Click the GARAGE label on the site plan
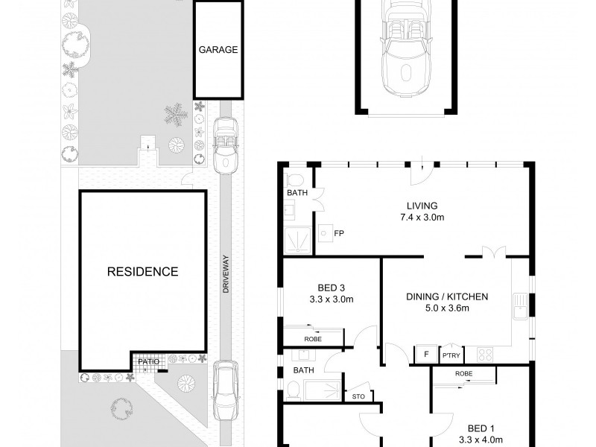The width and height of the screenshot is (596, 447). point(218,50)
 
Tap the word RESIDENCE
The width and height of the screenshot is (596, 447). point(142,272)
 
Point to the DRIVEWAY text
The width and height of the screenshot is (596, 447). point(226,274)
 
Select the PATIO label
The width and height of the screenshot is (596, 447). point(148,361)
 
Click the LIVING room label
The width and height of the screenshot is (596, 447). point(422,206)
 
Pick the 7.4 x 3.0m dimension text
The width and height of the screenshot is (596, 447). point(422,218)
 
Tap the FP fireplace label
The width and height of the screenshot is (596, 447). point(339,233)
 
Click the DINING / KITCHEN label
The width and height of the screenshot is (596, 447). point(447,297)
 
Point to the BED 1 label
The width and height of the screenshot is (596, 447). point(481,429)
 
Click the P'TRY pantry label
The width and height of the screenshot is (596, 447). point(451,355)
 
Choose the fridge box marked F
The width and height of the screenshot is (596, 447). point(426,355)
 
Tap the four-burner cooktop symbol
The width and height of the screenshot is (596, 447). point(485,355)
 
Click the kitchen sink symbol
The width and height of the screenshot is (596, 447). point(521,306)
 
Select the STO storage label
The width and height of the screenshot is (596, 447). point(358,396)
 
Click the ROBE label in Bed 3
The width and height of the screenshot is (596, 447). point(313,339)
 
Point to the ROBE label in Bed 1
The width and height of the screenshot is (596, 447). point(463,374)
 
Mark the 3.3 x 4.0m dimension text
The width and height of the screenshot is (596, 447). point(481,440)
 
